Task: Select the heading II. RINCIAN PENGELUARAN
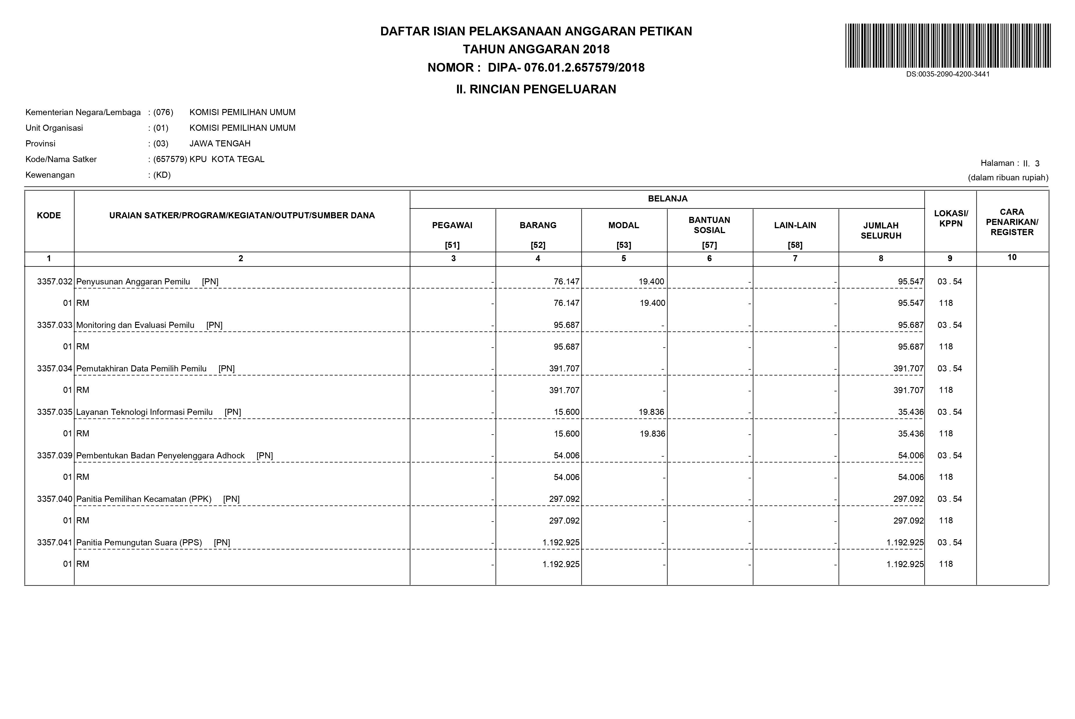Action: pos(536,89)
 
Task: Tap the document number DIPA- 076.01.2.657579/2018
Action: pos(566,68)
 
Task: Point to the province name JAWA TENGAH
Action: pos(220,144)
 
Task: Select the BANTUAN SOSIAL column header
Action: pos(709,225)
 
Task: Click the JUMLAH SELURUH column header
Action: pos(881,230)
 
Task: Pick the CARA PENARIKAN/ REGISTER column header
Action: pos(1012,222)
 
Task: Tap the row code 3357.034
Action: pos(54,369)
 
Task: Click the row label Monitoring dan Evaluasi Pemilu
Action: pos(135,325)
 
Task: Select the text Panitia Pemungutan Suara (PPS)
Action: pos(139,542)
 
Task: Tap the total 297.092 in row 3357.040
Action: pos(908,499)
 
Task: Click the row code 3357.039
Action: pos(54,455)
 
